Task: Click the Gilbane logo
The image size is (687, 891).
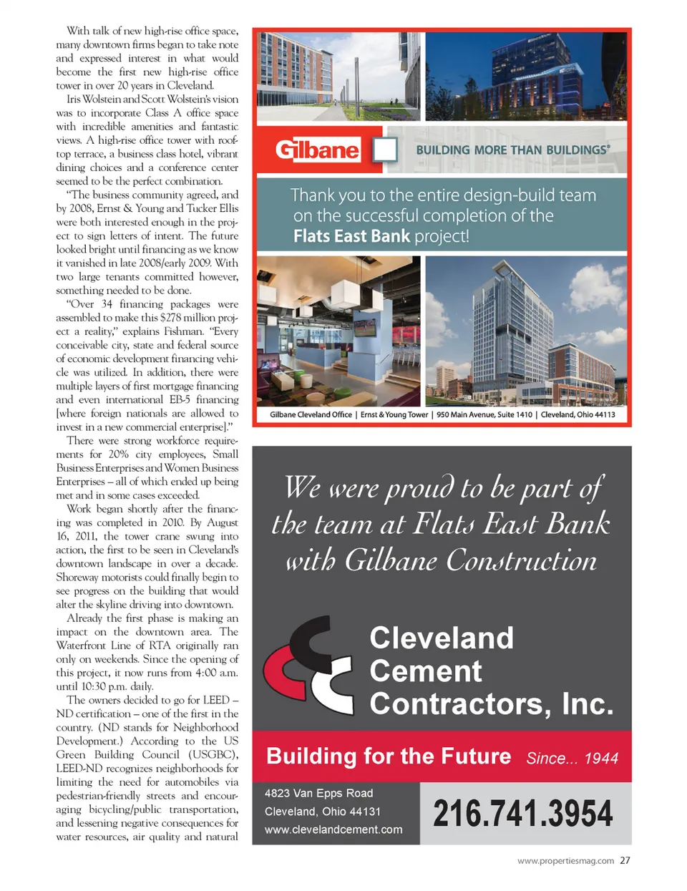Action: tap(317, 150)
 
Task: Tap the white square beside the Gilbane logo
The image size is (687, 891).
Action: tap(385, 150)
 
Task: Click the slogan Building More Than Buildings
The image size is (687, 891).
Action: tap(512, 150)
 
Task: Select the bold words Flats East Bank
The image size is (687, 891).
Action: tap(351, 236)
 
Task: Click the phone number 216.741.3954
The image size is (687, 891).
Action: tap(522, 814)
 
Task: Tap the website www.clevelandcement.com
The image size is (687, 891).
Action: tap(333, 829)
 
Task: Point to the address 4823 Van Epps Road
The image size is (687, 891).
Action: tap(318, 793)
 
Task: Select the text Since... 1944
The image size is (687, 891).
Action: tap(572, 759)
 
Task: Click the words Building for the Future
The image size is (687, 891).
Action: tap(389, 756)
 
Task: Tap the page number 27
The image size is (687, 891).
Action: tap(625, 860)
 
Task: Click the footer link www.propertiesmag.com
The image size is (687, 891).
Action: tap(565, 861)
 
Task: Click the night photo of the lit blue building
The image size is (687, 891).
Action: tap(526, 77)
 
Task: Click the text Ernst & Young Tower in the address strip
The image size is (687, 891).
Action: tap(394, 414)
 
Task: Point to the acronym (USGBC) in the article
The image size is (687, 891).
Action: tap(213, 754)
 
